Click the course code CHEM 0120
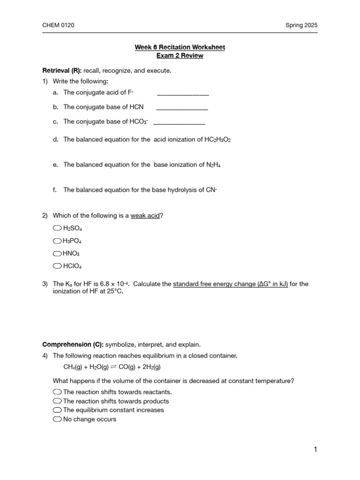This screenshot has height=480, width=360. pos(58,25)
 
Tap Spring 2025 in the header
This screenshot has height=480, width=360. pos(301,25)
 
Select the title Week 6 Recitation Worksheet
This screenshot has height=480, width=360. pos(180,47)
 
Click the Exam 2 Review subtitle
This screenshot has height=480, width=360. pos(180,56)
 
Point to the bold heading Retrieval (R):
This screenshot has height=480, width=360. pos(62,71)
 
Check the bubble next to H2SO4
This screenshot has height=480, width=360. pos(57,228)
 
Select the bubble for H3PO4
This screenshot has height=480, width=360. pos(57,241)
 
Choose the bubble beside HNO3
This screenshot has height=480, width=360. pos(57,254)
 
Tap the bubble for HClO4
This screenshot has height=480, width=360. pos(57,266)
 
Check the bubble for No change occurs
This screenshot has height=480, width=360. pos(57,419)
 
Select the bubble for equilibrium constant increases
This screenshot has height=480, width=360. pos(57,410)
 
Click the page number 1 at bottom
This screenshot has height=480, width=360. pos(315,450)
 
